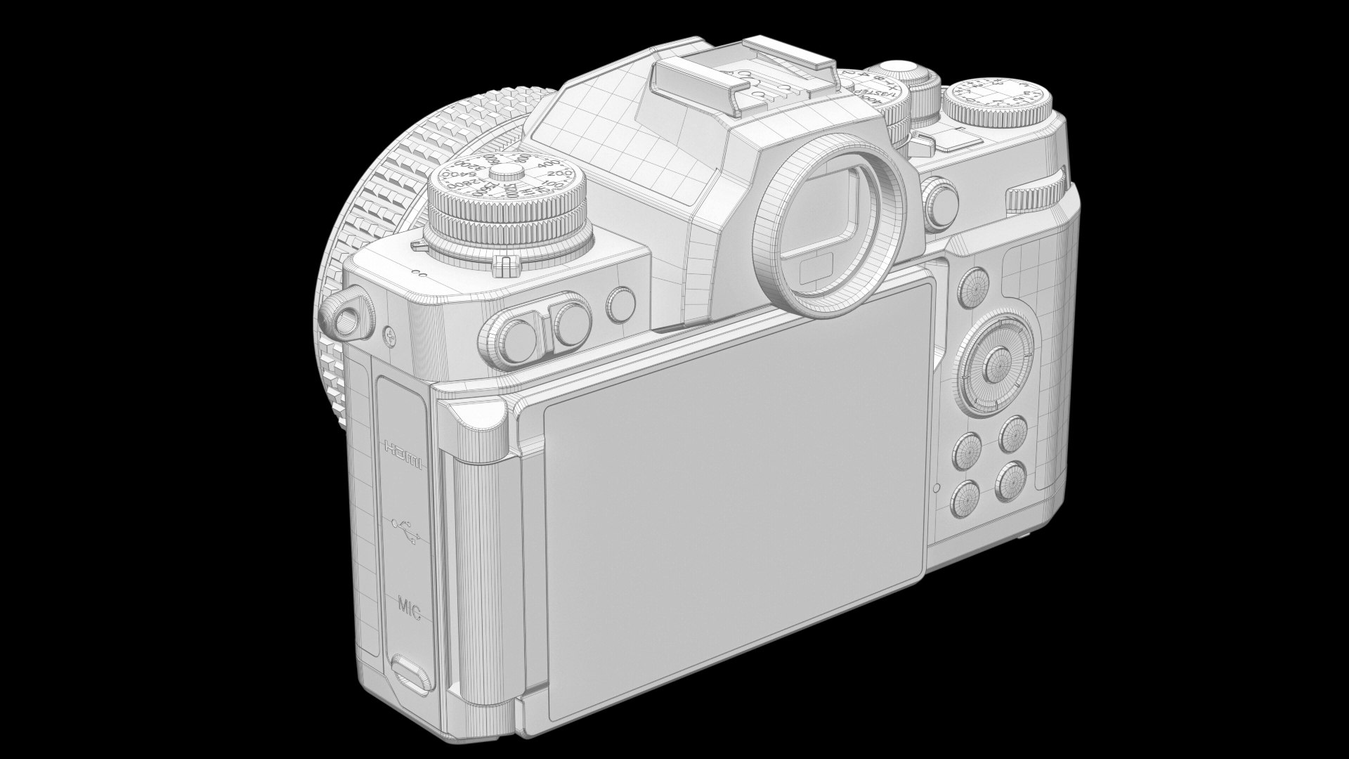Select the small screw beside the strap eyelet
click(x=389, y=337)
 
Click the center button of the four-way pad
click(x=996, y=363)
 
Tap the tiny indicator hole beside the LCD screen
click(x=936, y=488)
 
